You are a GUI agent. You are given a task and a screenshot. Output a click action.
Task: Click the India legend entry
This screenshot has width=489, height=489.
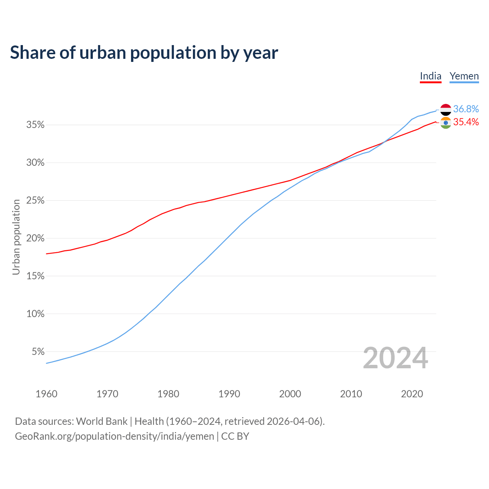tap(431, 76)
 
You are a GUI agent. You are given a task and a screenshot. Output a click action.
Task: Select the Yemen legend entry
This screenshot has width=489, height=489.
tap(464, 76)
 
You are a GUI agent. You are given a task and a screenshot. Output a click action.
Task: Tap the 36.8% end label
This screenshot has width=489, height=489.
tap(466, 109)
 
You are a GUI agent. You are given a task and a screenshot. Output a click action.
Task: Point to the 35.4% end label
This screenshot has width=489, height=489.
tap(466, 122)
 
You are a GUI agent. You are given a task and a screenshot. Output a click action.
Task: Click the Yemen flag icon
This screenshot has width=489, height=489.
tap(446, 110)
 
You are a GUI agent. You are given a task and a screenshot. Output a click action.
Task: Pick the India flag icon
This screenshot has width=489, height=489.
tap(446, 123)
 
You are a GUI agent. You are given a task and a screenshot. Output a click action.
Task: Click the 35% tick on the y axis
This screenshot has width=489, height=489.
tap(36, 125)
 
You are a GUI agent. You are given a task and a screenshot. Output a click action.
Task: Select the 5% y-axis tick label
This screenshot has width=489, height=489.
tap(38, 351)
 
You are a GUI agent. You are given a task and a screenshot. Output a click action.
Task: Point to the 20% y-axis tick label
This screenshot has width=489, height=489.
tap(36, 238)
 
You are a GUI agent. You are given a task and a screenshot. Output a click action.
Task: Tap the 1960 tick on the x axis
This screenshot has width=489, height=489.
tap(46, 394)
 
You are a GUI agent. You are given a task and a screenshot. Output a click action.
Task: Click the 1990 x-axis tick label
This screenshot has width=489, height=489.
tap(229, 394)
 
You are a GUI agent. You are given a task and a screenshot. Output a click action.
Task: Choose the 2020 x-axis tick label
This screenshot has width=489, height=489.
tap(412, 394)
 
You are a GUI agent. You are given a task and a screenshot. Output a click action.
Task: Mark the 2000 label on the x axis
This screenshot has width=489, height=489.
tap(290, 394)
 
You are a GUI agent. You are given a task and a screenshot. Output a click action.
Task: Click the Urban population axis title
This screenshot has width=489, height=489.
tap(16, 237)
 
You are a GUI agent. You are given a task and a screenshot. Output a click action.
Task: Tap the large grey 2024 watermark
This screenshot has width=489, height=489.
tap(395, 358)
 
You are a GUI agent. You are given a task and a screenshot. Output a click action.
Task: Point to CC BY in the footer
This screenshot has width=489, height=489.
tap(235, 436)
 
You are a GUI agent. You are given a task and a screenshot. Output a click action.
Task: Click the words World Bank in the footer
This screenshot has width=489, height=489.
tap(102, 421)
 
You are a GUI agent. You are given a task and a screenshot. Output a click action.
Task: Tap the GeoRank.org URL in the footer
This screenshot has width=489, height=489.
tap(115, 436)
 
